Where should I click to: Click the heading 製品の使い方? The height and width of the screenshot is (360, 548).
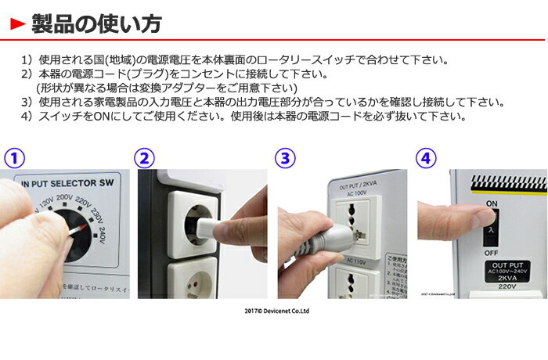(x=96, y=24)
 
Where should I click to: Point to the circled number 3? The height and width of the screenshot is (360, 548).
(x=287, y=159)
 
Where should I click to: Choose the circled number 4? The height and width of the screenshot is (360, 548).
(x=425, y=159)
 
